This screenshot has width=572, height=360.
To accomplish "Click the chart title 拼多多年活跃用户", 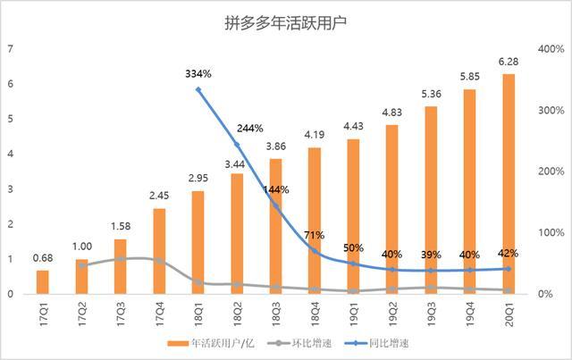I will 285,22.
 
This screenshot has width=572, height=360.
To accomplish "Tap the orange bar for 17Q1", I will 43,281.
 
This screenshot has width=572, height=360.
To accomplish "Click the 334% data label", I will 198,72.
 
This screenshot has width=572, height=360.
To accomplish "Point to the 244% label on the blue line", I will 237,127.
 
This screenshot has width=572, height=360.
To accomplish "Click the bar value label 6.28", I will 509,61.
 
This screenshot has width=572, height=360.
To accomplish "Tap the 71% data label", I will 315,235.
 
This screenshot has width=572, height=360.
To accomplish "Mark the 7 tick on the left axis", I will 10,49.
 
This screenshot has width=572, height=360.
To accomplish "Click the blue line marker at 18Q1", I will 198,90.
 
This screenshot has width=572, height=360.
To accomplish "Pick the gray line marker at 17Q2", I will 82,265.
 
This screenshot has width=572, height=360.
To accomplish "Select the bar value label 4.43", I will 353,126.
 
